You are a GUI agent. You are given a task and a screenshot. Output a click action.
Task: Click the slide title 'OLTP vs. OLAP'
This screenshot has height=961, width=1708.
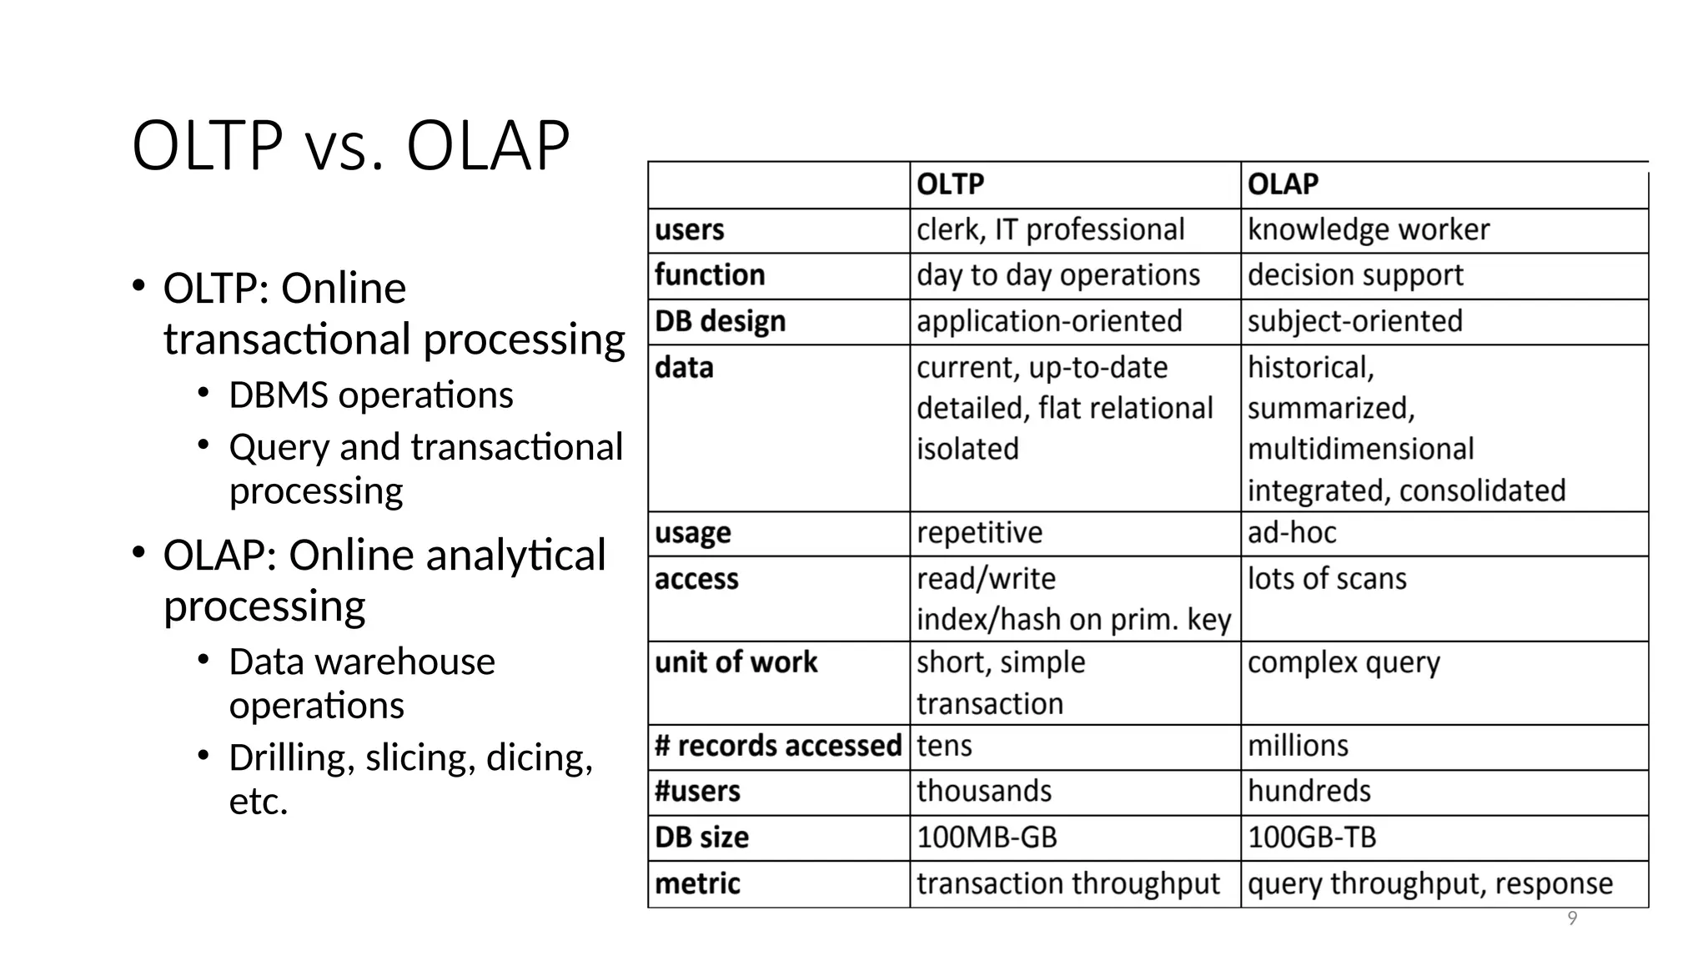pos(350,146)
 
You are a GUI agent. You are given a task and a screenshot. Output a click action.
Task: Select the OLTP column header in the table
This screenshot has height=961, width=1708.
pos(950,184)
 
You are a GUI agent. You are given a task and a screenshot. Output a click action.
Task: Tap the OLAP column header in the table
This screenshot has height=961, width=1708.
pos(1283,184)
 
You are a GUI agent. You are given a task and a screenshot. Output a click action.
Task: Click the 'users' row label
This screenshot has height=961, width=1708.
pos(690,229)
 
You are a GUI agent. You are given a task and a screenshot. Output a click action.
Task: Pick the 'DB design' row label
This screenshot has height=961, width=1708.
pos(720,321)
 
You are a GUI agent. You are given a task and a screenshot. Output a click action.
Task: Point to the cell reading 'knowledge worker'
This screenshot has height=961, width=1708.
pos(1368,229)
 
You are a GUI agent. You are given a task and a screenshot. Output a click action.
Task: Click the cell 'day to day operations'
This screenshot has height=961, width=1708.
pos(1057,275)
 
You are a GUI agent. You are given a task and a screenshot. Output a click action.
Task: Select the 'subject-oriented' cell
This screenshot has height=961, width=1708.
pos(1354,321)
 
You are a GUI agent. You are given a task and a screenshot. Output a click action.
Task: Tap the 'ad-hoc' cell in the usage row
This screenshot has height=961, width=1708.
pos(1291,532)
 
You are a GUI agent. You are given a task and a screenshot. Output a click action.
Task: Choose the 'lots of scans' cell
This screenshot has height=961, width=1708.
pos(1326,578)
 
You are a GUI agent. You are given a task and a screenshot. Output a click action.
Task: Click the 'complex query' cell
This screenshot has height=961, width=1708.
pos(1343,662)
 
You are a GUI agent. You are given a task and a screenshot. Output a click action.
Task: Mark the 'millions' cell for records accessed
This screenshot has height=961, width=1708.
pos(1298,745)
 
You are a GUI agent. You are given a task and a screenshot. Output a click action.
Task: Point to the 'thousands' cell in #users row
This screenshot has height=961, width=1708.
pos(984,791)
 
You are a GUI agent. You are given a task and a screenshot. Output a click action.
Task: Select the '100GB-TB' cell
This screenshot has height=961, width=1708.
pos(1311,837)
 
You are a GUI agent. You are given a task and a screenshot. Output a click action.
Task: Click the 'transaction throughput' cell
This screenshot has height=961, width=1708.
pos(1067,883)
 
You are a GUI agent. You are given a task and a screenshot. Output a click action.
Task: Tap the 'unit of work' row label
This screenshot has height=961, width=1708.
pos(736,662)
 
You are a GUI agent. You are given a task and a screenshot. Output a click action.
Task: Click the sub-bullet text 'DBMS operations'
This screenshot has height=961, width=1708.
pos(371,395)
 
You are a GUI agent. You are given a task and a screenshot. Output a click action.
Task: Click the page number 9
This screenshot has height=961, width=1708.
pos(1572,918)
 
